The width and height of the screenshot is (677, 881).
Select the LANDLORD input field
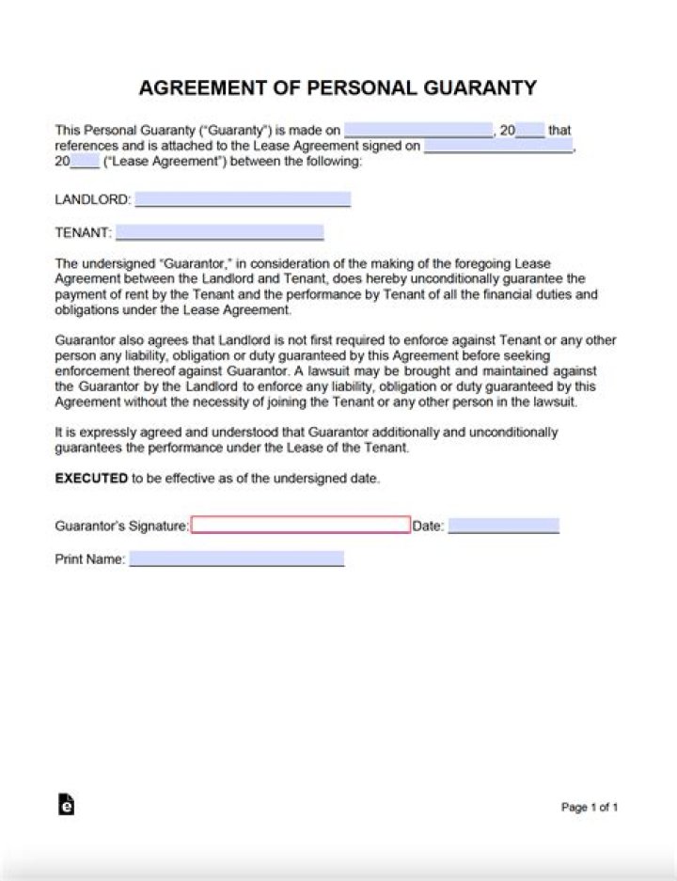click(x=243, y=199)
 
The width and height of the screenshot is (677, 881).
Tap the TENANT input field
click(x=219, y=232)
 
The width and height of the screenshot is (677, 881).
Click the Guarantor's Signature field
click(x=301, y=525)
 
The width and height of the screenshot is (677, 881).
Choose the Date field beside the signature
click(x=503, y=527)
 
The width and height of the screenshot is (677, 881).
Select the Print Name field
click(x=236, y=559)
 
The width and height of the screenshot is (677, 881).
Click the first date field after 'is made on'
click(x=418, y=131)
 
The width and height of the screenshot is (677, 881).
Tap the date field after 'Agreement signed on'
click(x=498, y=146)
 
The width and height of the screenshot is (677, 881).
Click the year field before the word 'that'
click(x=530, y=131)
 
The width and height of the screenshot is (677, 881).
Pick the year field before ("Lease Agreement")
click(x=85, y=161)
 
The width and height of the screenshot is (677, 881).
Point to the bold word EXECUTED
click(x=91, y=479)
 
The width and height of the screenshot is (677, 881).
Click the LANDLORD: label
click(x=92, y=200)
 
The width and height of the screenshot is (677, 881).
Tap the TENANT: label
click(x=83, y=232)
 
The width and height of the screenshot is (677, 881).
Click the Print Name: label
click(x=89, y=559)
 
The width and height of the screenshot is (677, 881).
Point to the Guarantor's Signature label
click(x=121, y=527)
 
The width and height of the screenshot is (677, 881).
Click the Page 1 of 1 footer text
click(x=590, y=807)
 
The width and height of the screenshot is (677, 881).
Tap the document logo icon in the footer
click(x=66, y=805)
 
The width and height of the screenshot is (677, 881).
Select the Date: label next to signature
click(x=428, y=527)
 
